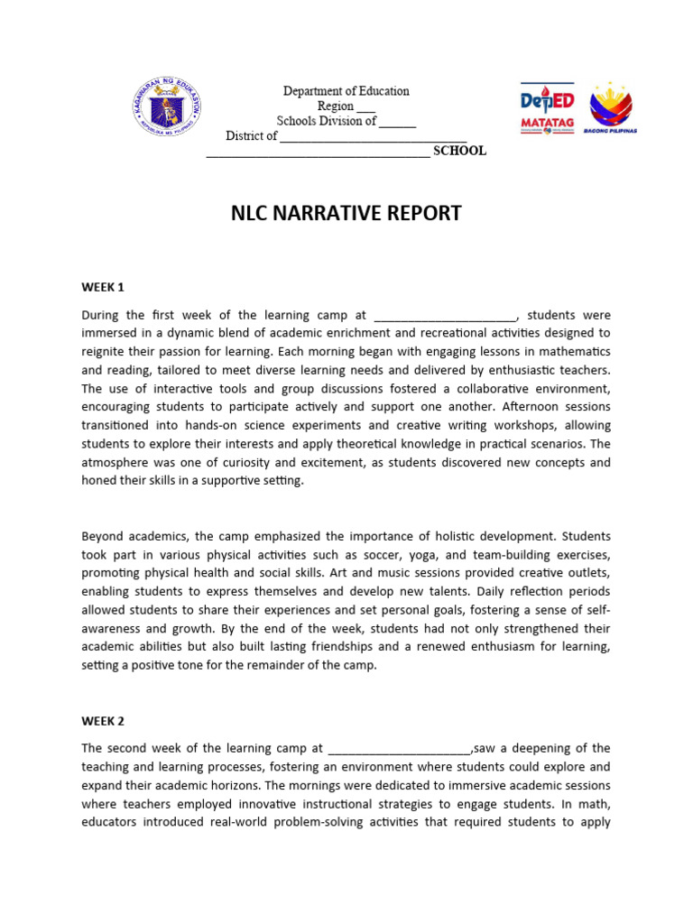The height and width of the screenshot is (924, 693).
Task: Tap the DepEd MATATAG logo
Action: coord(548,110)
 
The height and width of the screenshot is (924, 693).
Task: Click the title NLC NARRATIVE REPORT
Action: coord(346,214)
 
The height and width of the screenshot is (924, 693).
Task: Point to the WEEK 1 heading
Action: coord(102,288)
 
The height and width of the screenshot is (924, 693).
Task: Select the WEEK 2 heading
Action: coord(102,721)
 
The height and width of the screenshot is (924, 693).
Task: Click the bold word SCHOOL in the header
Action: coord(459,151)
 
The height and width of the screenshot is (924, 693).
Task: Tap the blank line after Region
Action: coord(366,107)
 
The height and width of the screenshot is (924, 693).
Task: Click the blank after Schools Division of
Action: coord(397,122)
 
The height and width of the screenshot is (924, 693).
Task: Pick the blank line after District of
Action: coord(373,137)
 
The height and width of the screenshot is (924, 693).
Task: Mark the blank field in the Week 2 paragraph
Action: coord(400,749)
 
